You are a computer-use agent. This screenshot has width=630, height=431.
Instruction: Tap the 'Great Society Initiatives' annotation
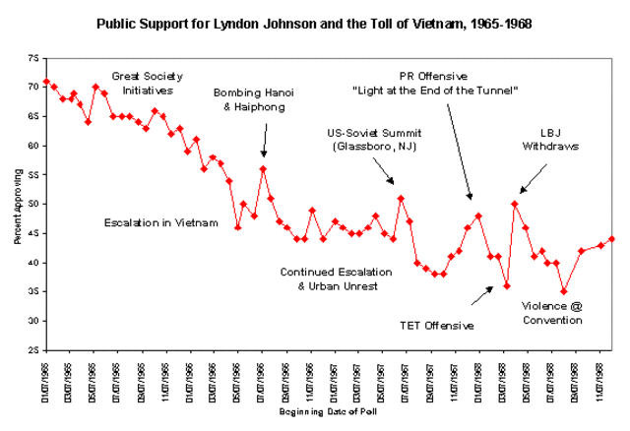tap(145, 82)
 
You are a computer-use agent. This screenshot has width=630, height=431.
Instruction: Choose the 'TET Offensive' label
tap(437, 325)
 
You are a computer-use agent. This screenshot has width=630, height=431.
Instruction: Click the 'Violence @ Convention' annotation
tap(552, 313)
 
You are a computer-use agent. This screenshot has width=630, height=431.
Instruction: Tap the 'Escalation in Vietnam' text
tap(161, 223)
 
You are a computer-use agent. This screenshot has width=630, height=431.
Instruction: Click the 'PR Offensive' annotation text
tap(434, 83)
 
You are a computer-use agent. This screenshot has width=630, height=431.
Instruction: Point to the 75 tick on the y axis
tap(34, 59)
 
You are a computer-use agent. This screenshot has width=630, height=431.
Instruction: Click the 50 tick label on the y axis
tap(34, 205)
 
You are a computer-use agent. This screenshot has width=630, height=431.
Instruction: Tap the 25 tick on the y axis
tap(34, 350)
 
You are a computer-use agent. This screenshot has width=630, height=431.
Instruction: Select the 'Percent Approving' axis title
tap(19, 204)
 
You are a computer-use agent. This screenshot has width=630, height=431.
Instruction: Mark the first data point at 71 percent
tap(46, 82)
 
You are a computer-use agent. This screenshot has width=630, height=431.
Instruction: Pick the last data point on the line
tap(612, 239)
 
